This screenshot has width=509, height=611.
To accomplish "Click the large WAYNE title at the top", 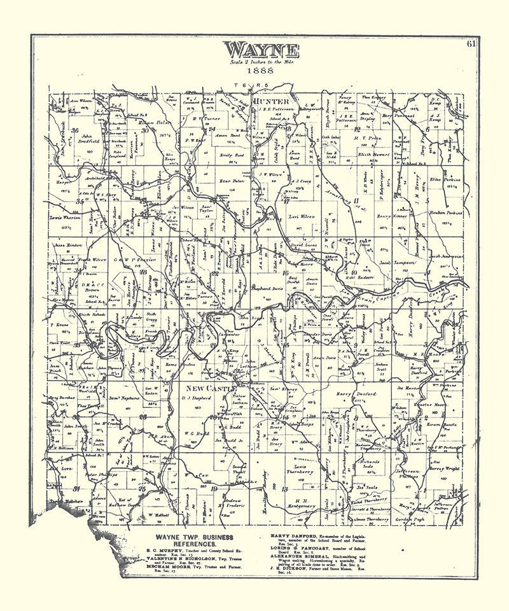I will (x=261, y=50).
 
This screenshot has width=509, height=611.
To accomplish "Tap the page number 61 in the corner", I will (x=471, y=44).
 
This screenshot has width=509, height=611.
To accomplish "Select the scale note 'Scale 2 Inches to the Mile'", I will (x=261, y=62).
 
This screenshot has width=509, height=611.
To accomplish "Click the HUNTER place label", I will (x=271, y=102).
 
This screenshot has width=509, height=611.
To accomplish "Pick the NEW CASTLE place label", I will (x=211, y=388).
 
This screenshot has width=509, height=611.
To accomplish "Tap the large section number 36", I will (x=75, y=130).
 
